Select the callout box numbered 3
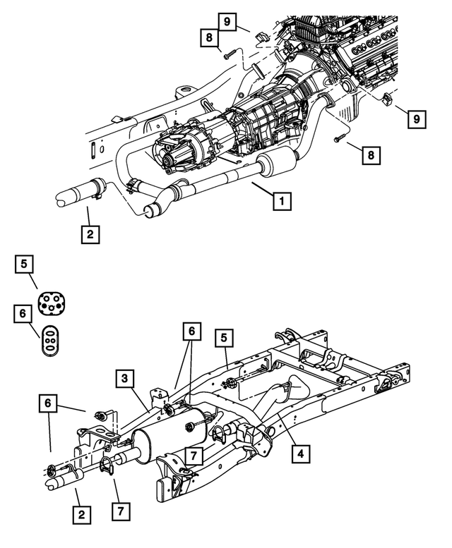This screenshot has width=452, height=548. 124,379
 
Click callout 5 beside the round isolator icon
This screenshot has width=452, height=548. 24,264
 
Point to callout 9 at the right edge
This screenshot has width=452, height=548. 417,119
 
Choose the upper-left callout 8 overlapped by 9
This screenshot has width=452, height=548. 210,39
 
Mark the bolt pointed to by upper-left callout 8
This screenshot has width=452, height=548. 227,54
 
